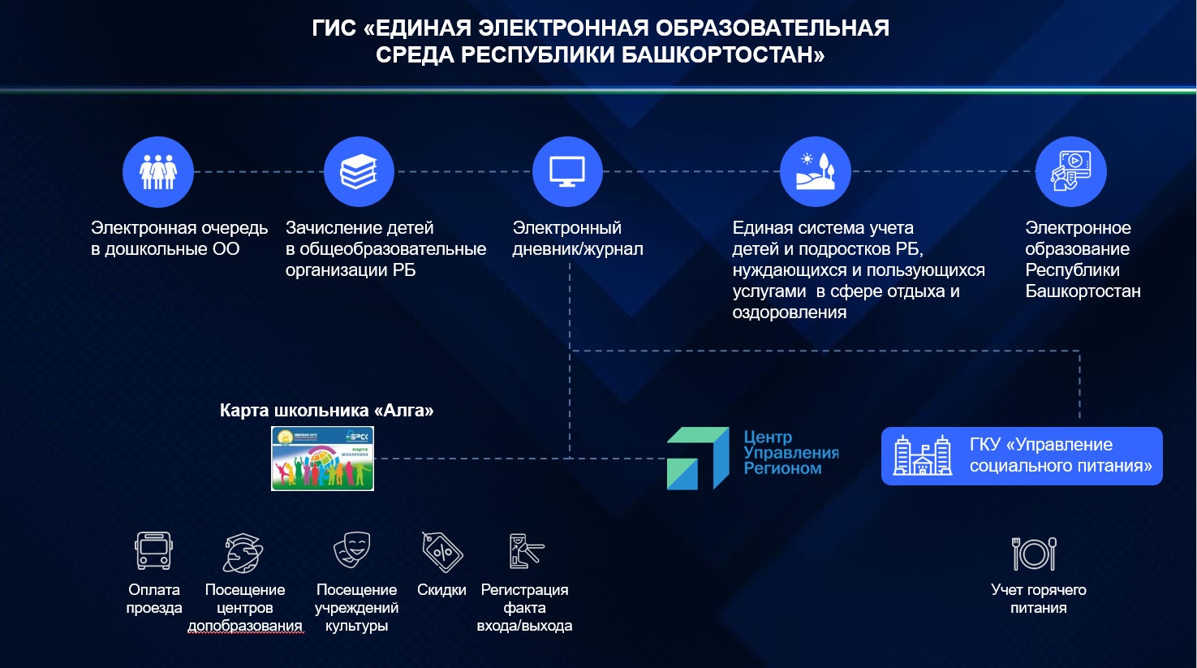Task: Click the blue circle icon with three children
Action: coord(158,172)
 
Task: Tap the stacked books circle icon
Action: coord(359,172)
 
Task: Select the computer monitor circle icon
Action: coord(567,172)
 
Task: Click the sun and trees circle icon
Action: coord(815,172)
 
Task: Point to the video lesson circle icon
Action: coord(1070,172)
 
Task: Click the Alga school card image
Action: coord(322,459)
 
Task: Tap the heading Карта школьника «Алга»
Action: coord(326,411)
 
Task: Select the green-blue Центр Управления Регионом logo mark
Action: coord(698,459)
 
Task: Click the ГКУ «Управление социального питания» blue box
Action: coord(1022,456)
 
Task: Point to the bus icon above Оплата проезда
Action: coord(153,551)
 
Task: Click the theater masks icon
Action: coord(352,549)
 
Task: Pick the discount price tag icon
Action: coord(441,552)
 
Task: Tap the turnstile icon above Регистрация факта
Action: coord(525,551)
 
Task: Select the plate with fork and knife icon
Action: coord(1034,554)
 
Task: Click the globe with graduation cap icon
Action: coord(243,553)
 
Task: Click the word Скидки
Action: coord(441,590)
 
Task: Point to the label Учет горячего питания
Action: coord(1038,599)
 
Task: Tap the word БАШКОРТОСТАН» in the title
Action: coord(723,55)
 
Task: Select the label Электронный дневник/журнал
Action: coord(577,239)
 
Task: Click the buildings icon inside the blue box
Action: coord(923,455)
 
